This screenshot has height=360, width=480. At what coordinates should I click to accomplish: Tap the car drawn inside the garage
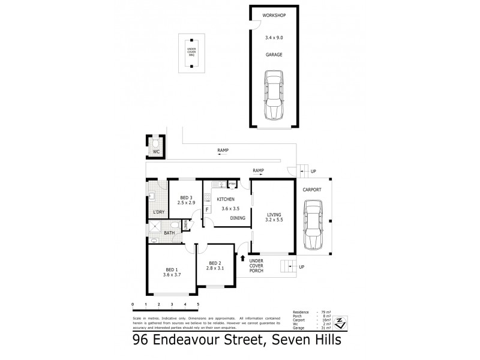coord(274,96)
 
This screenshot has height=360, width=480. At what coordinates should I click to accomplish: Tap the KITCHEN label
coord(225,200)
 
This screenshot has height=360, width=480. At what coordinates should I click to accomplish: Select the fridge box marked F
coord(208,209)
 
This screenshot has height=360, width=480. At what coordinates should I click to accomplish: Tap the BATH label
coord(170,233)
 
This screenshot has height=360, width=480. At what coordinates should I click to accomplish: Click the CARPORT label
coord(313,190)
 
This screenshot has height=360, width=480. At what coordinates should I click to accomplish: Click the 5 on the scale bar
coord(197,305)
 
